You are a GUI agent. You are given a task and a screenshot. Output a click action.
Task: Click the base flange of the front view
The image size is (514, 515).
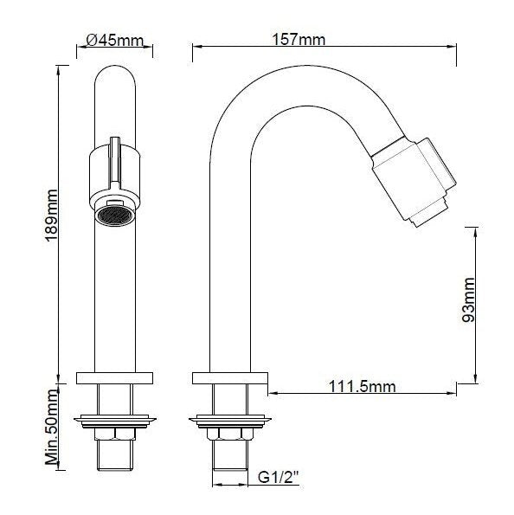[114, 378]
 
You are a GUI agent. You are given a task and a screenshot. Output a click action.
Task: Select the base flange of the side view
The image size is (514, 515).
[229, 378]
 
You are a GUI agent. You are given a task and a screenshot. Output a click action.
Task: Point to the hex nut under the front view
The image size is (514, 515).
[114, 435]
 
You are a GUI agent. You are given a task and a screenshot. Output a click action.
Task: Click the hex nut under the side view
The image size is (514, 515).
[228, 435]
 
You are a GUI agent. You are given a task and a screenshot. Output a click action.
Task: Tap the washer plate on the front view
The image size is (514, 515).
[114, 422]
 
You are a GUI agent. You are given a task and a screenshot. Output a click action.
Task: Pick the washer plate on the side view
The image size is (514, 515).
[228, 422]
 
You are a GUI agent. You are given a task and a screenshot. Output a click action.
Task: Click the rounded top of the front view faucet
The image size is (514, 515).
[114, 82]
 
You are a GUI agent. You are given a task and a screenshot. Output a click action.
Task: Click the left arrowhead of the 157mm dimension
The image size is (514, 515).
[195, 50]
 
